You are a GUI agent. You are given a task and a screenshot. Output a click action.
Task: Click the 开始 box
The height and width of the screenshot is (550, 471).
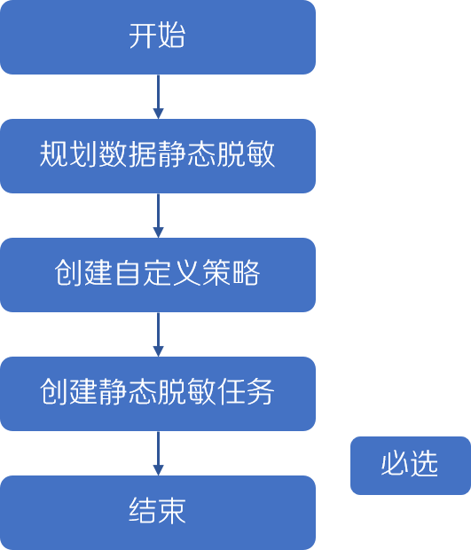[x=158, y=37]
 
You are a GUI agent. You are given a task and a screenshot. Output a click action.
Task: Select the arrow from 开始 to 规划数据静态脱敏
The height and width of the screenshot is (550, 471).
[x=158, y=97]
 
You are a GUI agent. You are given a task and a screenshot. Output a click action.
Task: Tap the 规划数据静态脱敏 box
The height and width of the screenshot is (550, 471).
[x=158, y=156]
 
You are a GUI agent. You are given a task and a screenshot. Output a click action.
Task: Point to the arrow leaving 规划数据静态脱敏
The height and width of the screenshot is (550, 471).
[x=158, y=216]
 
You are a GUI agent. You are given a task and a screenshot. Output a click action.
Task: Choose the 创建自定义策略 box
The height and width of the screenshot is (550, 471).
[x=158, y=275]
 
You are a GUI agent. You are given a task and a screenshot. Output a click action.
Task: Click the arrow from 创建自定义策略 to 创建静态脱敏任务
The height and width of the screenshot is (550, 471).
[x=158, y=334]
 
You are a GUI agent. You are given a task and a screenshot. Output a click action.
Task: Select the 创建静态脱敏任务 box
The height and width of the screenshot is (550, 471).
[x=158, y=394]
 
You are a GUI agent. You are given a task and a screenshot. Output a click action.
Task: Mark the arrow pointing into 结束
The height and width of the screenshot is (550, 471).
[x=158, y=453]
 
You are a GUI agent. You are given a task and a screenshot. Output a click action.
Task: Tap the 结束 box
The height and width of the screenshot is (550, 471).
[x=158, y=513]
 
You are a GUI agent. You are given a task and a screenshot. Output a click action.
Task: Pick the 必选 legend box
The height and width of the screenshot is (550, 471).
[x=411, y=466]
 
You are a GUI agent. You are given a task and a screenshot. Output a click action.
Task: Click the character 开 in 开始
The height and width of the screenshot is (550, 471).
[x=143, y=35]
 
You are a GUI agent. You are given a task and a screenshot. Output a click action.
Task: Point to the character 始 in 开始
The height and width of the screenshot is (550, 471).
[x=171, y=35]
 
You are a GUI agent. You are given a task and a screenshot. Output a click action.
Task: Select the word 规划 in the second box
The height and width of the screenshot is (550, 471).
[x=68, y=154]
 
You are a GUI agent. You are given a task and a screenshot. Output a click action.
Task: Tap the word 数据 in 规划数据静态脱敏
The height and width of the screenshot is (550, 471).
[x=127, y=154]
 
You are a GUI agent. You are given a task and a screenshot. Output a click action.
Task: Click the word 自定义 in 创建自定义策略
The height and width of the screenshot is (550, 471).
[x=157, y=273]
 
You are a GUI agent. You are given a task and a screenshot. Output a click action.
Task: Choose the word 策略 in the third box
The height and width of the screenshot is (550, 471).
[x=232, y=273]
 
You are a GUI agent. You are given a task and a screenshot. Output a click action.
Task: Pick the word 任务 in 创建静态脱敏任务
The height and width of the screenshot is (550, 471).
[x=246, y=392]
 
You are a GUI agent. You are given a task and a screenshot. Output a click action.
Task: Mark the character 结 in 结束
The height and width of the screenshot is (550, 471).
[x=143, y=511]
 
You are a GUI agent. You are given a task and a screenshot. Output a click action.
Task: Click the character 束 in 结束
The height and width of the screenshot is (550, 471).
[x=172, y=511]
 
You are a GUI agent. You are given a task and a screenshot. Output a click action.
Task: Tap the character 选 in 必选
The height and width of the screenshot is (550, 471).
[x=424, y=464]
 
